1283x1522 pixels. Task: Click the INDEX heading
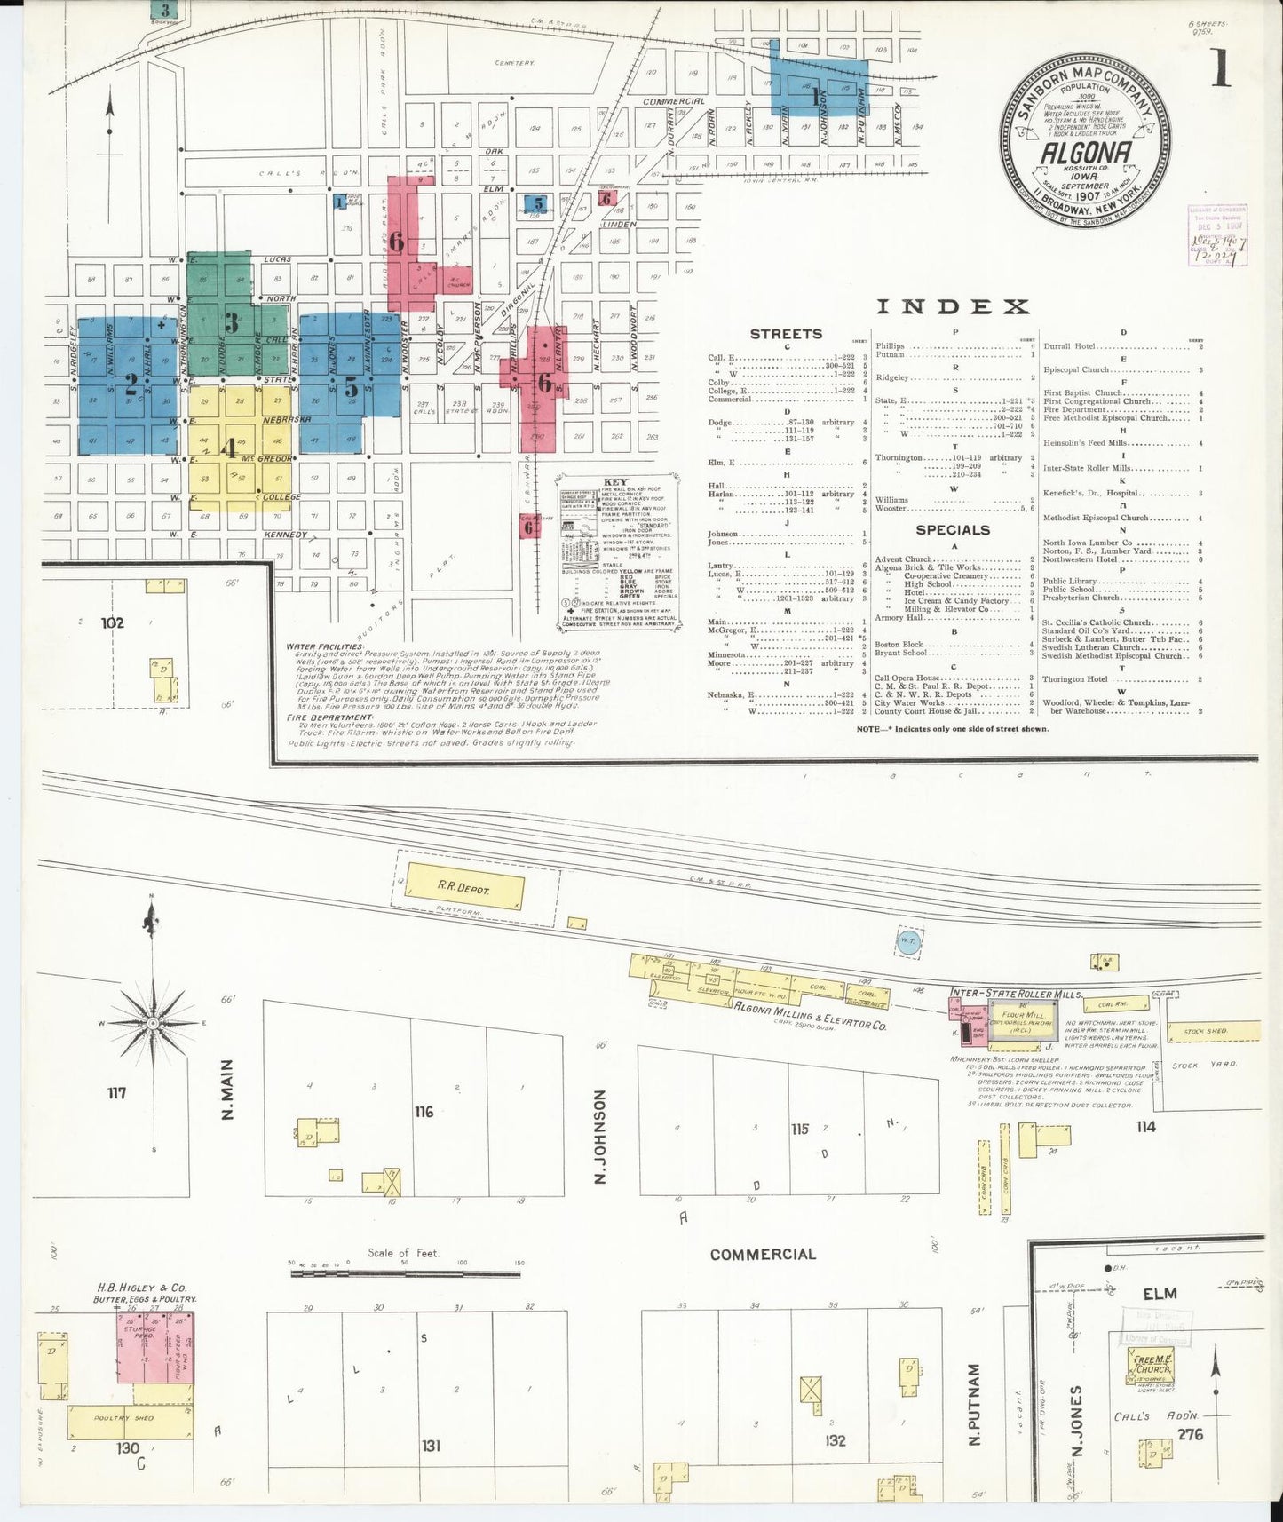coord(952,306)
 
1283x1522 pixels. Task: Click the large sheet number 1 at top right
coord(1221,68)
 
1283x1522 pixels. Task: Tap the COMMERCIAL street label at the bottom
coord(762,1254)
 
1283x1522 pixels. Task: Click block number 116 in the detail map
coord(424,1111)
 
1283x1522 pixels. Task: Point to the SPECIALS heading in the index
coord(952,530)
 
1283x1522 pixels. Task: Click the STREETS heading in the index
coord(786,334)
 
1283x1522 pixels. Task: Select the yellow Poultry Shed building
coord(130,1419)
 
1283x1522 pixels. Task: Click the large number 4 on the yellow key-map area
coord(229,448)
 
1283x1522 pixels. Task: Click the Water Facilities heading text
coord(324,646)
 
